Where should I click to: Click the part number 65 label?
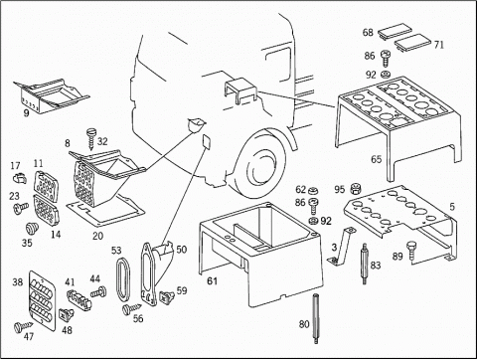[x=376, y=159]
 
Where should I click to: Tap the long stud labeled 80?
[x=315, y=318]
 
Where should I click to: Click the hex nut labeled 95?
[x=355, y=188]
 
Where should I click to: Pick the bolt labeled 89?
[x=411, y=250]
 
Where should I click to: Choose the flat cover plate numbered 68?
[x=395, y=31]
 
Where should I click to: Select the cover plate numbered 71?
[x=412, y=42]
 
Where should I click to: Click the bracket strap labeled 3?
[x=341, y=246]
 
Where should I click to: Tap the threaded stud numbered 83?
[x=364, y=264]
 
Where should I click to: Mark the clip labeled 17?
[x=20, y=179]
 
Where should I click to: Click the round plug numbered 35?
[x=32, y=229]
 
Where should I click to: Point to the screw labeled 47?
[x=24, y=326]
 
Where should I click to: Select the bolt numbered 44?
[x=98, y=292]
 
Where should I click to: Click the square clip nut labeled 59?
[x=167, y=296]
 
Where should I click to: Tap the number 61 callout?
[x=213, y=281]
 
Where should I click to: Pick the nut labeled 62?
[x=312, y=191]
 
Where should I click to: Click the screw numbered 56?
[x=131, y=310]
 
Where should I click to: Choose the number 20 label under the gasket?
[x=97, y=236]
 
